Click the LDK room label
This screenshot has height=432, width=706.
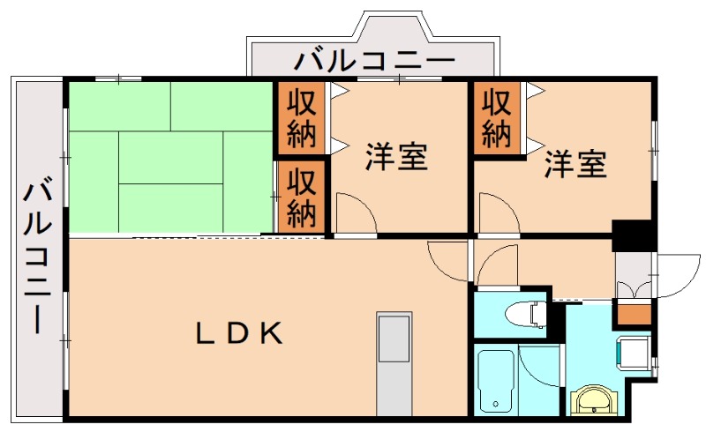pos(238,333)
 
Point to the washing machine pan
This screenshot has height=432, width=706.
pos(634,352)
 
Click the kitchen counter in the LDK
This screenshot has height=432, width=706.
pos(393,361)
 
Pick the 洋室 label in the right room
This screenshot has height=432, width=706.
pos(575,164)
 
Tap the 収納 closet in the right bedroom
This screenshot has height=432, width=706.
pos(497,119)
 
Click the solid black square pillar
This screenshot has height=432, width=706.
pos(633,235)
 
